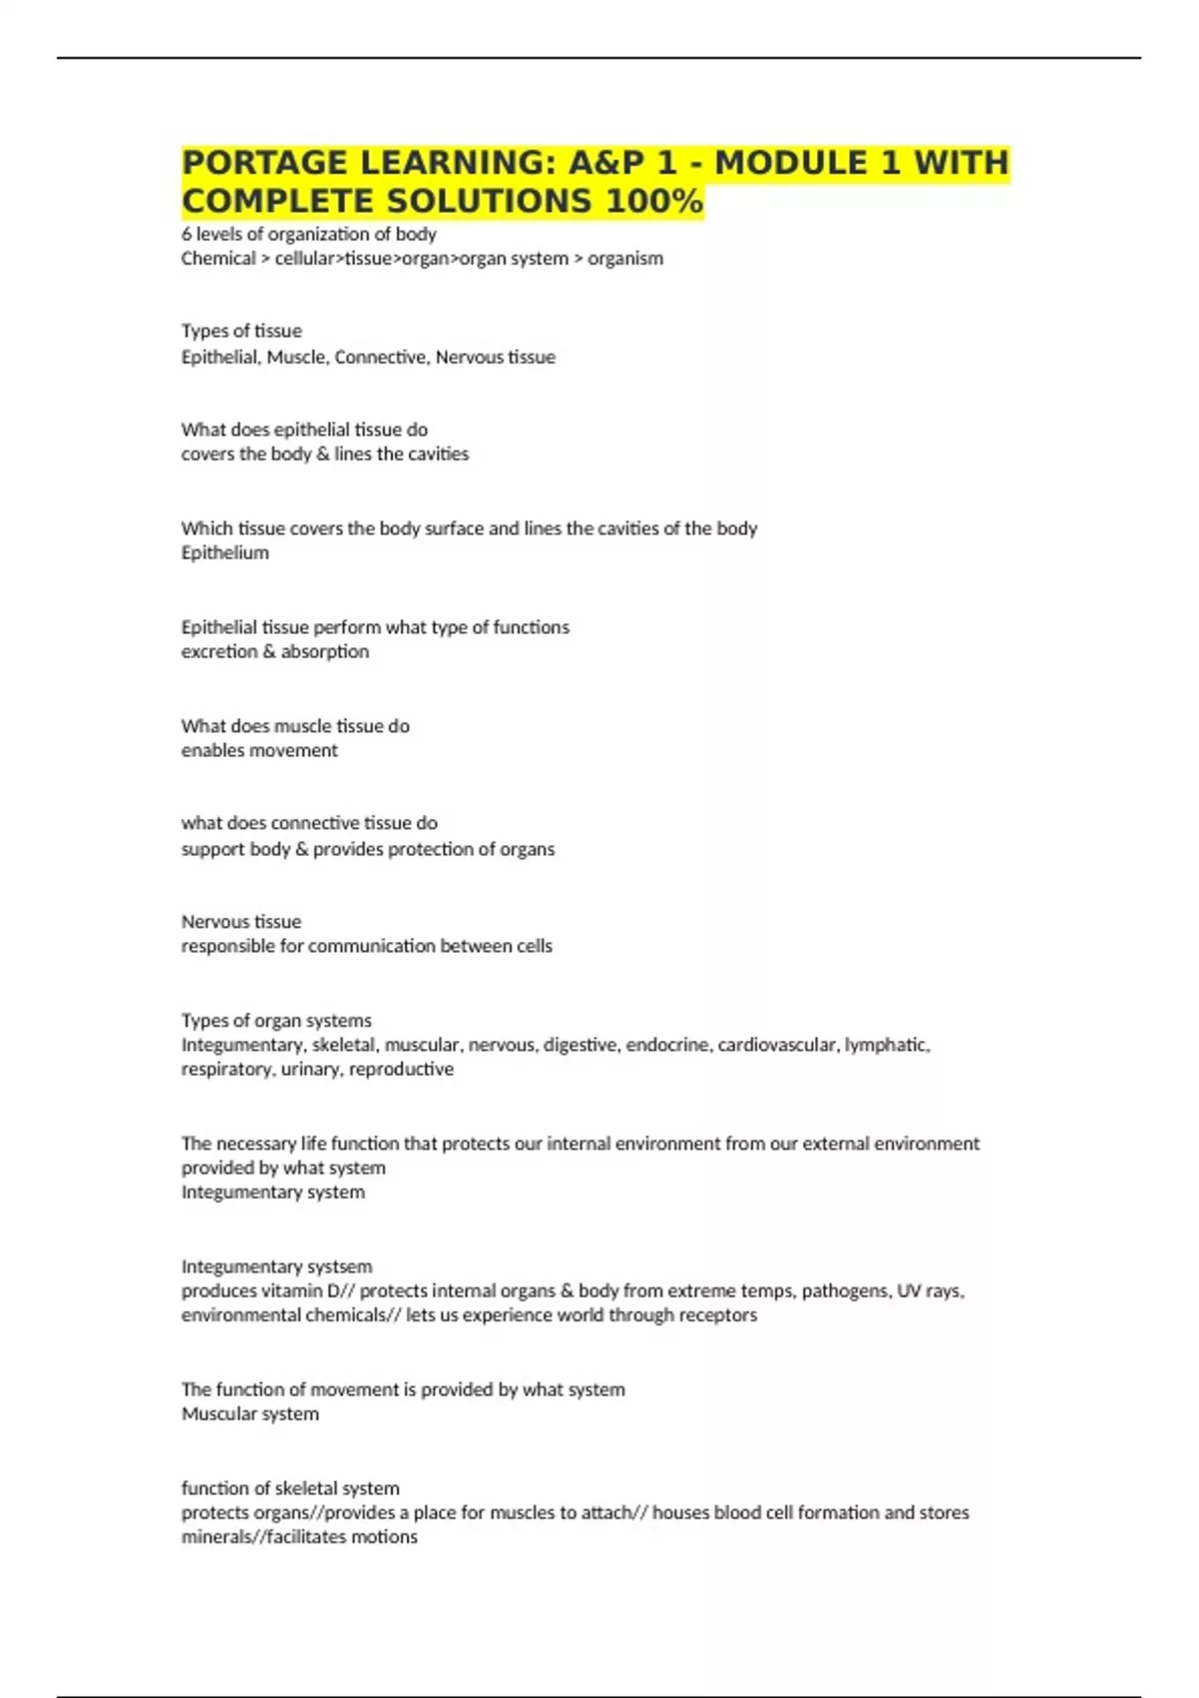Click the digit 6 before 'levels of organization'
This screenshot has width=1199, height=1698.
click(186, 234)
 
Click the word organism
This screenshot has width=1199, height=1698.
click(625, 259)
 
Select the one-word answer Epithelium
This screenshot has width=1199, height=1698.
click(225, 552)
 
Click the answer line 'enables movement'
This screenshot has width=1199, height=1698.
click(259, 750)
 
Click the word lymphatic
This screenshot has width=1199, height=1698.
click(887, 1045)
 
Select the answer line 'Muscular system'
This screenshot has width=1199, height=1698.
click(250, 1413)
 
